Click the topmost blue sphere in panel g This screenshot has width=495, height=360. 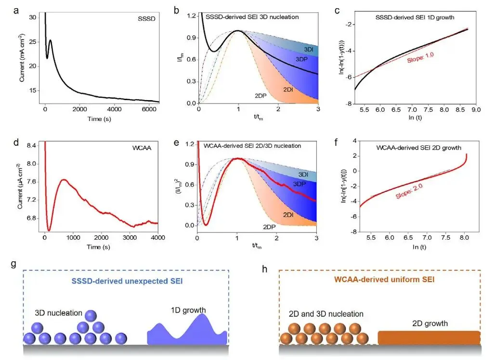click(x=90, y=316)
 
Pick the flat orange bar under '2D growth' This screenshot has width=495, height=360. click(x=429, y=338)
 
